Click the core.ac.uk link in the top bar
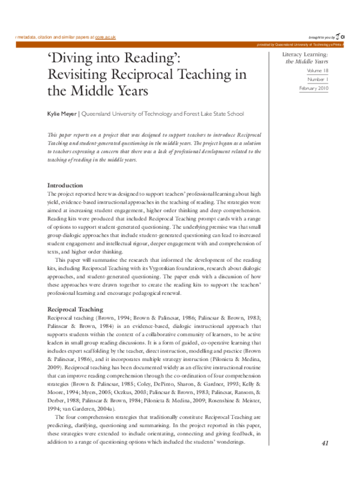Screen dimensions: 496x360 pyautogui.click(x=103, y=37)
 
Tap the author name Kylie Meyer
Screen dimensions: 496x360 pyautogui.click(x=62, y=113)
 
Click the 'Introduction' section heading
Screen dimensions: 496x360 pyautogui.click(x=65, y=185)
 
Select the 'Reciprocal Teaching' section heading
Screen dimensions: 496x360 pyautogui.click(x=75, y=309)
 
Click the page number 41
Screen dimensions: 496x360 pyautogui.click(x=326, y=460)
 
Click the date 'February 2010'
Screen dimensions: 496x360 pyautogui.click(x=313, y=88)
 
